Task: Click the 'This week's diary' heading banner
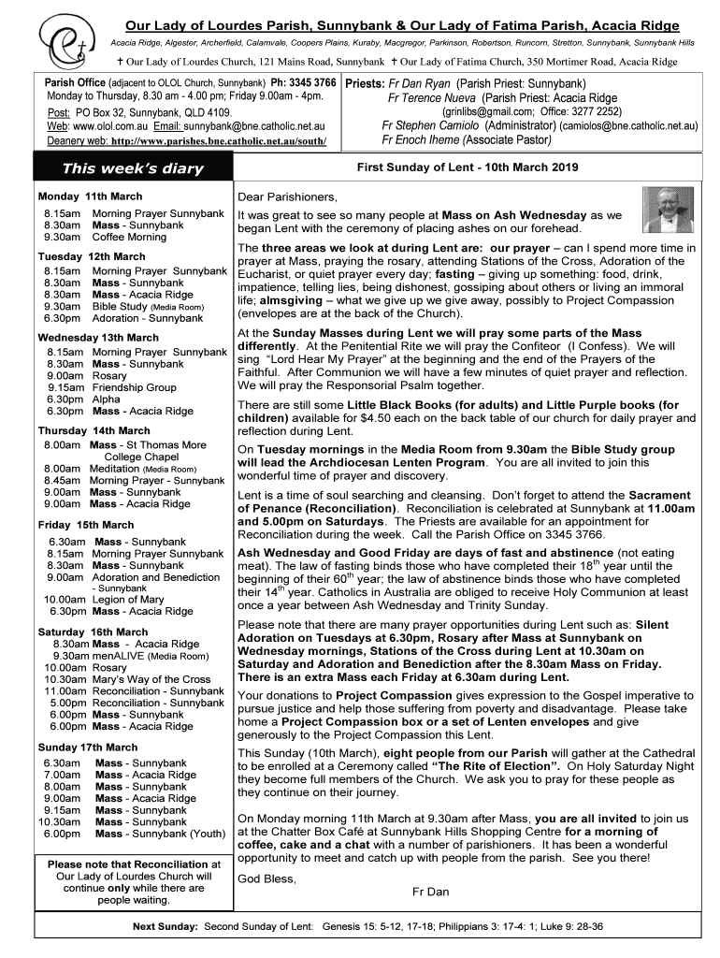pyautogui.click(x=132, y=169)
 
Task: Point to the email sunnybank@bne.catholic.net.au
pyautogui.click(x=253, y=124)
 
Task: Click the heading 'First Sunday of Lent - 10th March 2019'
pyautogui.click(x=468, y=167)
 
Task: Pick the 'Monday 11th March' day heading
pyautogui.click(x=90, y=196)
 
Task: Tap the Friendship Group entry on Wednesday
pyautogui.click(x=134, y=387)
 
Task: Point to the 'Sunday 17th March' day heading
pyautogui.click(x=88, y=748)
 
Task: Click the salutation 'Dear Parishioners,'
pyautogui.click(x=286, y=197)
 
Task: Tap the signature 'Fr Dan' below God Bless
pyautogui.click(x=431, y=892)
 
